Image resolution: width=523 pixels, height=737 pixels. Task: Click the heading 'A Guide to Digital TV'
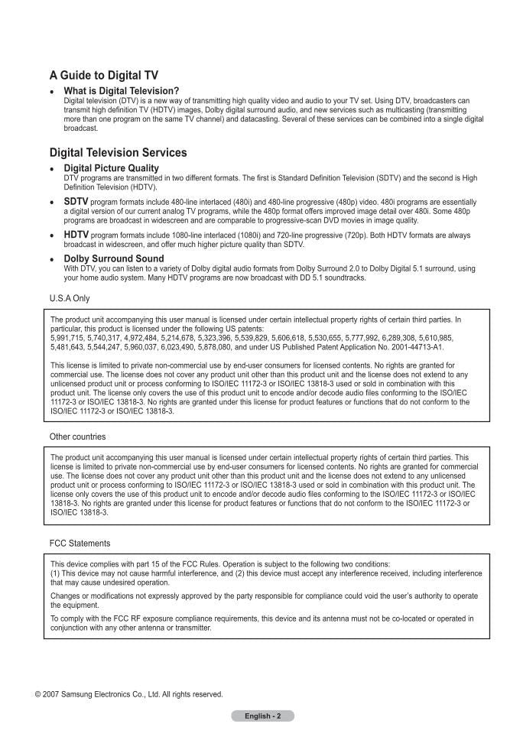[x=104, y=75]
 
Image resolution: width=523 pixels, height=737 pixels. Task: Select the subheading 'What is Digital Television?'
[x=122, y=91]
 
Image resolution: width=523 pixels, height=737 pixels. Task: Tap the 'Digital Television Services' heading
[x=118, y=152]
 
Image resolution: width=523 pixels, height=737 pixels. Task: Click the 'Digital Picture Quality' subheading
[x=112, y=168]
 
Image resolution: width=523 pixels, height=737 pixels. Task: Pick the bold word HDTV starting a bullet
[x=76, y=234]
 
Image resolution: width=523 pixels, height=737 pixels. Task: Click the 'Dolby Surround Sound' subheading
[x=114, y=258]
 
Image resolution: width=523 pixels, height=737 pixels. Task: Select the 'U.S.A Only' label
[x=70, y=298]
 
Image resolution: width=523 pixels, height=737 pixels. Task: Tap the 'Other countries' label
[x=78, y=437]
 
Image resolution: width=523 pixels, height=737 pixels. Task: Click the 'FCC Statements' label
[x=80, y=543]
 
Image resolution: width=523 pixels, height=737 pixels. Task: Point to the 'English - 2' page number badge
[x=262, y=716]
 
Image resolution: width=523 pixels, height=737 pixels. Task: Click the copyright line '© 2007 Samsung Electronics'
[x=129, y=694]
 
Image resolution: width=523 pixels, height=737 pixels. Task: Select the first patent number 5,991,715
[x=67, y=337]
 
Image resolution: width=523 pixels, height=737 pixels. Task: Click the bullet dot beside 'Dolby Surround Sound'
[x=52, y=260]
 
